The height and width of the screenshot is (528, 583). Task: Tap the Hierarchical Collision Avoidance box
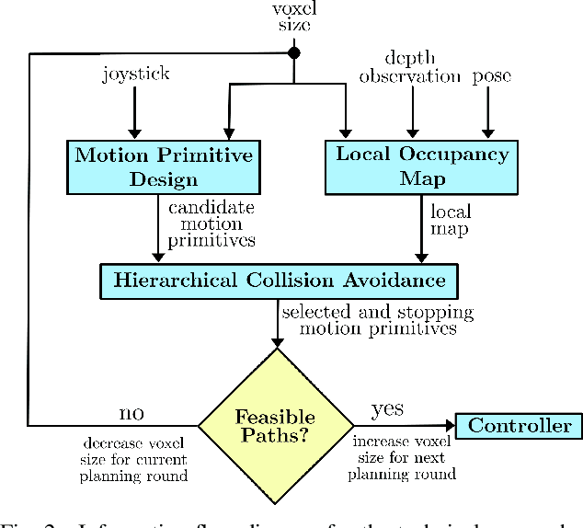pyautogui.click(x=279, y=281)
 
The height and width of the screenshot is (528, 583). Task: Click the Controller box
pyautogui.click(x=520, y=425)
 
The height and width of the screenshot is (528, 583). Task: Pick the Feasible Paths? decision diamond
pyautogui.click(x=277, y=426)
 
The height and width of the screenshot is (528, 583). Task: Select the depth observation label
pyautogui.click(x=409, y=67)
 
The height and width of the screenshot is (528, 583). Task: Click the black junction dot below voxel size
pyautogui.click(x=295, y=53)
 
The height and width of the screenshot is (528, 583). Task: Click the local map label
pyautogui.click(x=451, y=219)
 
